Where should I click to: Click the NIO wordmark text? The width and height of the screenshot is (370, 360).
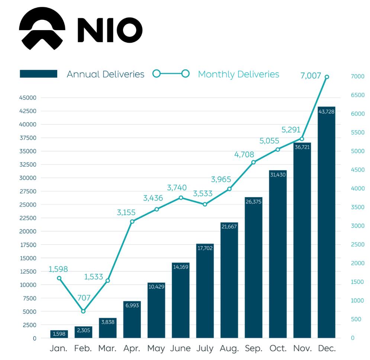pyautogui.click(x=110, y=30)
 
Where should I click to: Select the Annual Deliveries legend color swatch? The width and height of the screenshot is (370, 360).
pyautogui.click(x=38, y=74)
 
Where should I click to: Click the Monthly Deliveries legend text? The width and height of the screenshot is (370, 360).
pyautogui.click(x=238, y=74)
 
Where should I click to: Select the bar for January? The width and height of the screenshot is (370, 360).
pyautogui.click(x=59, y=334)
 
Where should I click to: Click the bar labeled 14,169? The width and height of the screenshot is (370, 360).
pyautogui.click(x=181, y=300)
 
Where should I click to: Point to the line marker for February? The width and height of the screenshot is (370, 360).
pyautogui.click(x=83, y=311)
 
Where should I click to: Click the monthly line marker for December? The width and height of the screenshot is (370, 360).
pyautogui.click(x=327, y=77)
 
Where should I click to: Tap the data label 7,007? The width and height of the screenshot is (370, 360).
pyautogui.click(x=311, y=76)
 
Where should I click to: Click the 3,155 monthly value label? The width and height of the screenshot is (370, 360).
pyautogui.click(x=126, y=213)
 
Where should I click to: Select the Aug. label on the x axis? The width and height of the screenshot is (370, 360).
pyautogui.click(x=229, y=349)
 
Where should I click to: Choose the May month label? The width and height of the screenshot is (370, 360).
pyautogui.click(x=156, y=349)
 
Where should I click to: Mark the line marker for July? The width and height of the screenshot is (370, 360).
pyautogui.click(x=205, y=204)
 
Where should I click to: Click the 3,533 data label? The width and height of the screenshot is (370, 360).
pyautogui.click(x=203, y=194)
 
